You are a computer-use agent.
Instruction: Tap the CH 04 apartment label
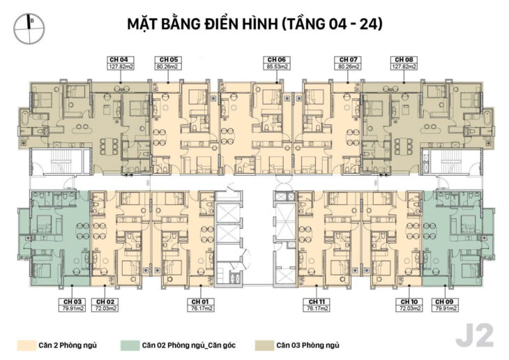pos(120,63)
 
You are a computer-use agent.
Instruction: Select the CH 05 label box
pos(169,63)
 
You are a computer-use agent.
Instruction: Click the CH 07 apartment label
pos(347,63)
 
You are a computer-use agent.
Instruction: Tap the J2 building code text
pos(474,336)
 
